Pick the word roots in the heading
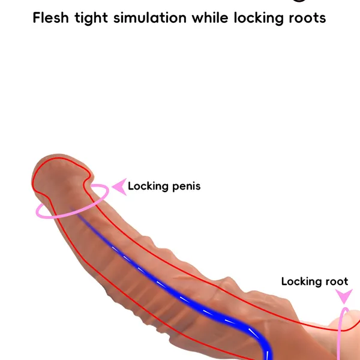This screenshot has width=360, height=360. click(x=307, y=17)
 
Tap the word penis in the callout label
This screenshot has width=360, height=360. click(x=186, y=186)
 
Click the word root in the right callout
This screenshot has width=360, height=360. click(x=337, y=281)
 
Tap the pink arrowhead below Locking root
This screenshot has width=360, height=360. click(x=344, y=296)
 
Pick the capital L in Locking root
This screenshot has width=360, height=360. click(x=284, y=281)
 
